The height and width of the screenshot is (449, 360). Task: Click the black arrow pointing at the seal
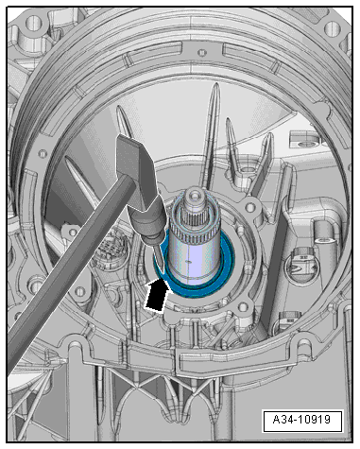coord(156,295)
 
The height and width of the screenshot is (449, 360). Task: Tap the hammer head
coord(136,171)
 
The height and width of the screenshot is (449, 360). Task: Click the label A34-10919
coord(301,420)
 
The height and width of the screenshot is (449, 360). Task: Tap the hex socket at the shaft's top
coord(193,196)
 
